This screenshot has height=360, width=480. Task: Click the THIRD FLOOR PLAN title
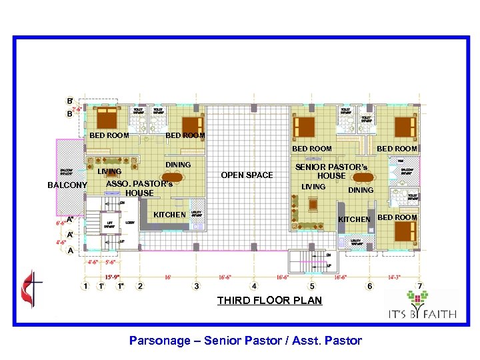(x=269, y=301)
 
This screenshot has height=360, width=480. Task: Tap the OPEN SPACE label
(x=247, y=175)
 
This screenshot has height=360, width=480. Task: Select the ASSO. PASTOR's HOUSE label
(x=139, y=188)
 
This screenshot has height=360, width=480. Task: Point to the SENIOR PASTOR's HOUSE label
(x=331, y=171)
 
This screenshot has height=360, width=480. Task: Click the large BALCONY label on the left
(x=67, y=185)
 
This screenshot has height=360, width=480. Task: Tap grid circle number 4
(x=253, y=287)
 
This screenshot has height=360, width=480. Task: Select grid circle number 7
(x=420, y=287)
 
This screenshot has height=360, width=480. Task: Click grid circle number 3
(x=196, y=287)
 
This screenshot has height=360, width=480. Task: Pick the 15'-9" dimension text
(x=113, y=275)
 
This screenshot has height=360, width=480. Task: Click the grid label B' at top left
(x=70, y=101)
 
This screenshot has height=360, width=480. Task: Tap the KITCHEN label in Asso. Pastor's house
(x=170, y=215)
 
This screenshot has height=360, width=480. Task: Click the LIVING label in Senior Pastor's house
(x=313, y=187)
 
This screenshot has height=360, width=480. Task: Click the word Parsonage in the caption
(x=157, y=341)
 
